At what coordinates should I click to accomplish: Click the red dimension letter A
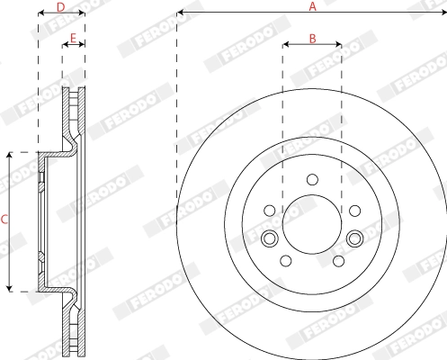pos(312,6)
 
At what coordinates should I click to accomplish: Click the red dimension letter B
pos(312,39)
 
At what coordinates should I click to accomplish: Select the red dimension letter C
pos(4,220)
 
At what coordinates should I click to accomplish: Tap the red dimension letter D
pos(61,7)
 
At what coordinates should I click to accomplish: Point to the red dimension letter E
pos(73,38)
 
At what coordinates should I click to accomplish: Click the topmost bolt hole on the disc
pos(312,179)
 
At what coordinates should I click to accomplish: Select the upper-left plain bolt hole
pos(270,211)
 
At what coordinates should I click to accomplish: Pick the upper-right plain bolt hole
pos(355,211)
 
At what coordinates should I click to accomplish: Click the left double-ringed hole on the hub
pos(270,238)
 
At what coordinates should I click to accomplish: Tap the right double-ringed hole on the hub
pos(355,238)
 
